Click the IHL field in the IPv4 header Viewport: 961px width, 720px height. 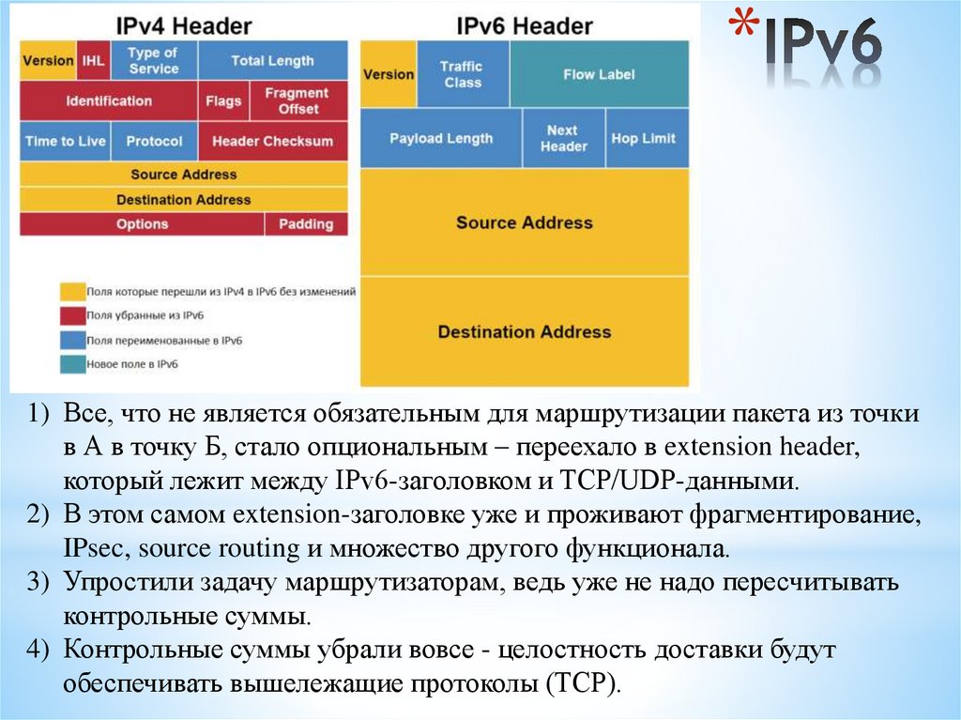pyautogui.click(x=93, y=61)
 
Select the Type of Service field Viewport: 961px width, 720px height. pyautogui.click(x=153, y=61)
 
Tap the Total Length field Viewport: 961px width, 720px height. pyautogui.click(x=272, y=61)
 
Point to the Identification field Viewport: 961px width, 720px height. pyautogui.click(x=109, y=101)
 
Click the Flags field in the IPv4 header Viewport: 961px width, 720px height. pyautogui.click(x=223, y=101)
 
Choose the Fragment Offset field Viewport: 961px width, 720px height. pyautogui.click(x=297, y=101)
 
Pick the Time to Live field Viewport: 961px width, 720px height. pyautogui.click(x=65, y=141)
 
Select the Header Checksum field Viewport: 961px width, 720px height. pyautogui.click(x=272, y=141)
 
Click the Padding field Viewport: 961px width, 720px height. pyautogui.click(x=306, y=224)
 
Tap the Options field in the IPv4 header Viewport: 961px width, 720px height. pyautogui.click(x=142, y=224)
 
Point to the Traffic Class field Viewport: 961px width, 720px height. pyautogui.click(x=463, y=74)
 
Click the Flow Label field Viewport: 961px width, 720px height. pyautogui.click(x=599, y=74)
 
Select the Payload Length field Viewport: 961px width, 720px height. pyautogui.click(x=441, y=138)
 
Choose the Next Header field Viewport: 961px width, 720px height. pyautogui.click(x=563, y=138)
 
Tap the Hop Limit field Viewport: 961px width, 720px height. pyautogui.click(x=643, y=138)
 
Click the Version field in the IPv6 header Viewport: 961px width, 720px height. pyautogui.click(x=389, y=74)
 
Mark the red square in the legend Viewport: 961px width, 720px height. pyautogui.click(x=71, y=315)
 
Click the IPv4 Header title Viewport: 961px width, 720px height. pyautogui.click(x=183, y=25)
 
